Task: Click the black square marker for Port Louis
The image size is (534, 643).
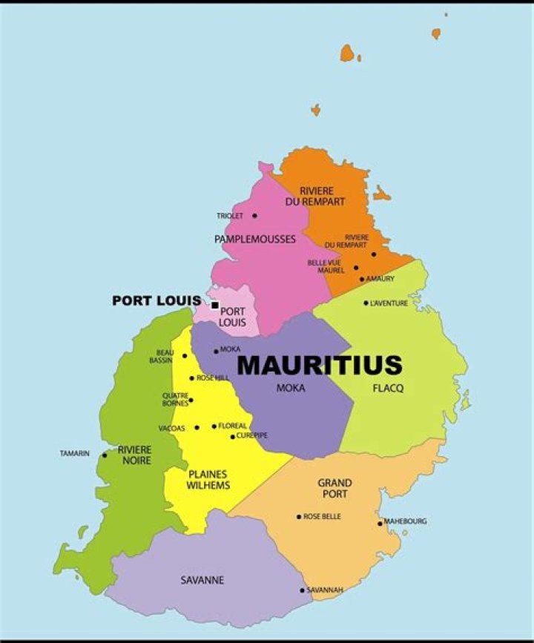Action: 215,305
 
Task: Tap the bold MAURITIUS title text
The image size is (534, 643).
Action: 320,365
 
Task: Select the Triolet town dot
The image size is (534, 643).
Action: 254,216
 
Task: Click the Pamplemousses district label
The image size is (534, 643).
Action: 255,239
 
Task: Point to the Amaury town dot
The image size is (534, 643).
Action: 362,280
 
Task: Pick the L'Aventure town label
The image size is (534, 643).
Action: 389,303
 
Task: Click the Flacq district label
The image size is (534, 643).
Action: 389,388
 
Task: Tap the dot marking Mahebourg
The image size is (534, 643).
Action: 380,523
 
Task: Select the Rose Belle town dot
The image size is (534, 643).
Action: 299,517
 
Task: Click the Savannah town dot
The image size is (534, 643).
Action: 302,590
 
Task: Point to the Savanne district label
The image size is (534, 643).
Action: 202,580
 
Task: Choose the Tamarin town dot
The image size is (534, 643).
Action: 105,455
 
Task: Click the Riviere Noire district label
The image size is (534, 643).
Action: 134,455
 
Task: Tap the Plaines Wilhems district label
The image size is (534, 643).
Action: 208,480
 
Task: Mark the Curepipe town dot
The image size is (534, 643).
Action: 232,437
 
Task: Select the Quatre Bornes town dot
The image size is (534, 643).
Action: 191,400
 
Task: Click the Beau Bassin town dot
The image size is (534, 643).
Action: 185,356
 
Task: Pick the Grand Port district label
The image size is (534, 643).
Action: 334,488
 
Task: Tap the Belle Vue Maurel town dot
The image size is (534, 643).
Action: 356,268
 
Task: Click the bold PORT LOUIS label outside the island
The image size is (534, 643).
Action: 156,300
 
